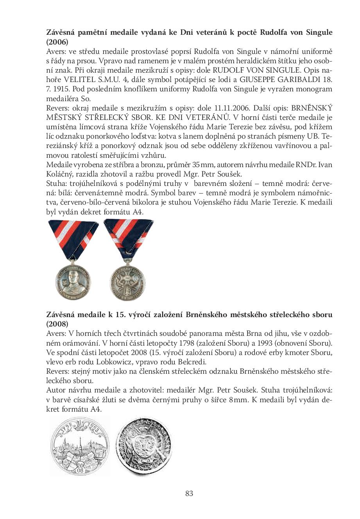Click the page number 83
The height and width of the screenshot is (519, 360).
189,493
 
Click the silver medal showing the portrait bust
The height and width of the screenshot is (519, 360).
74,279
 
